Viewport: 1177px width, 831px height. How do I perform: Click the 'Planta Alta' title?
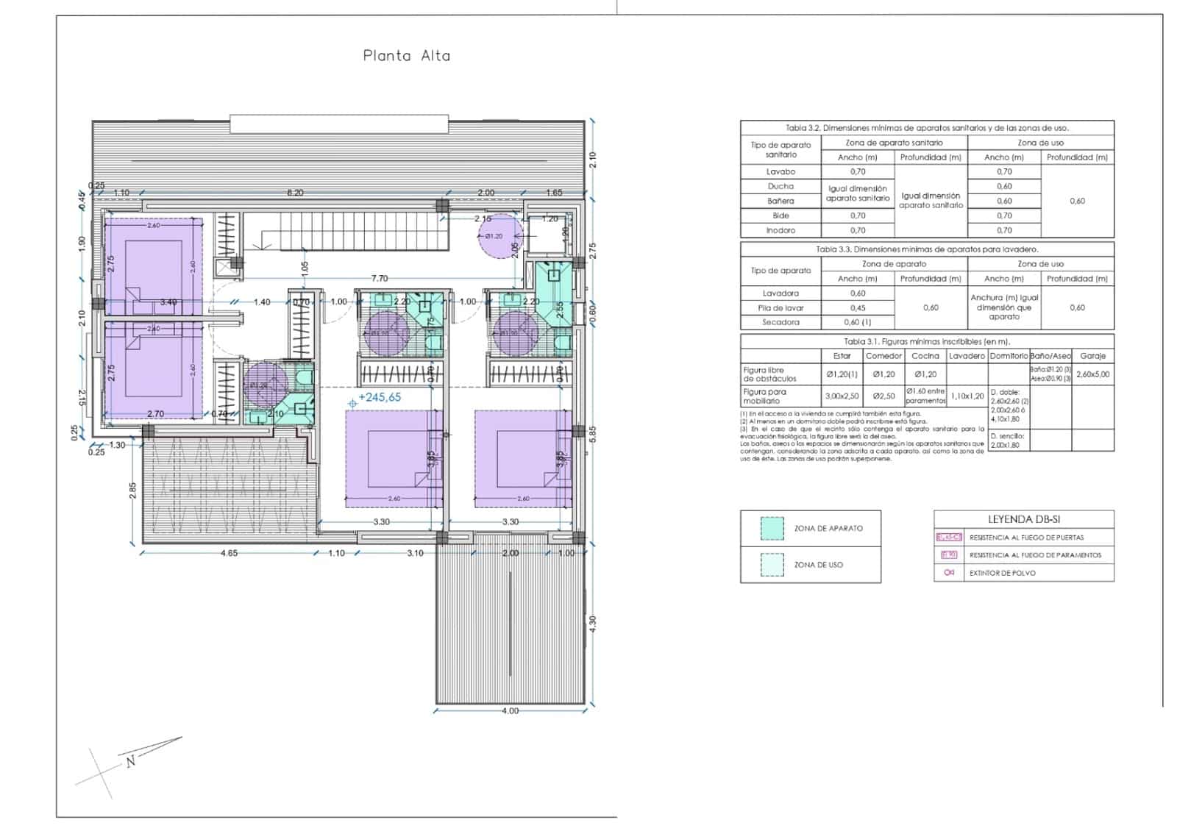coord(406,56)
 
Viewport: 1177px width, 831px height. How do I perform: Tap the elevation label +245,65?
coord(380,397)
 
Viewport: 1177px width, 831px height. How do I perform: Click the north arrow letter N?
coord(131,762)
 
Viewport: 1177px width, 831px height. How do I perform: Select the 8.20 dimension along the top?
coord(294,193)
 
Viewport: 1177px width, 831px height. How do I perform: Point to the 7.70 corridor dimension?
coord(380,279)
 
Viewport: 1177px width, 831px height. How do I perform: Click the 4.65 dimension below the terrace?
coord(230,553)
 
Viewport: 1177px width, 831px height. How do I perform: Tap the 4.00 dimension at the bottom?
coord(510,711)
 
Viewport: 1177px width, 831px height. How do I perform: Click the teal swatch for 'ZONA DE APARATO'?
coord(772,528)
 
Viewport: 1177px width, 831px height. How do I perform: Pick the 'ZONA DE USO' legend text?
coord(818,565)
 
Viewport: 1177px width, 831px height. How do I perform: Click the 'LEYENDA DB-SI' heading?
coord(1023,519)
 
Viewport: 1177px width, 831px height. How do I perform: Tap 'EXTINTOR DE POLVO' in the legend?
coord(1002,573)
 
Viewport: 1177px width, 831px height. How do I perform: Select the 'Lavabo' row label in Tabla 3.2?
coord(780,171)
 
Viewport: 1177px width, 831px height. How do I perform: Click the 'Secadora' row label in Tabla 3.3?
coord(780,322)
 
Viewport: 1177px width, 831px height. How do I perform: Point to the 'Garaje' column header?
coord(1092,356)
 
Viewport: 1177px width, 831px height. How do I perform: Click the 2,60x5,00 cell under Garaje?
coord(1092,374)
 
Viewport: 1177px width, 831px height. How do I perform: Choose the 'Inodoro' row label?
coord(780,230)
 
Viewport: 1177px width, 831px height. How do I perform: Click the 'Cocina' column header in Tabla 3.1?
coord(925,356)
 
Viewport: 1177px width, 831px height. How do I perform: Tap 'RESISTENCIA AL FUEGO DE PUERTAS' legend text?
coord(1026,538)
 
